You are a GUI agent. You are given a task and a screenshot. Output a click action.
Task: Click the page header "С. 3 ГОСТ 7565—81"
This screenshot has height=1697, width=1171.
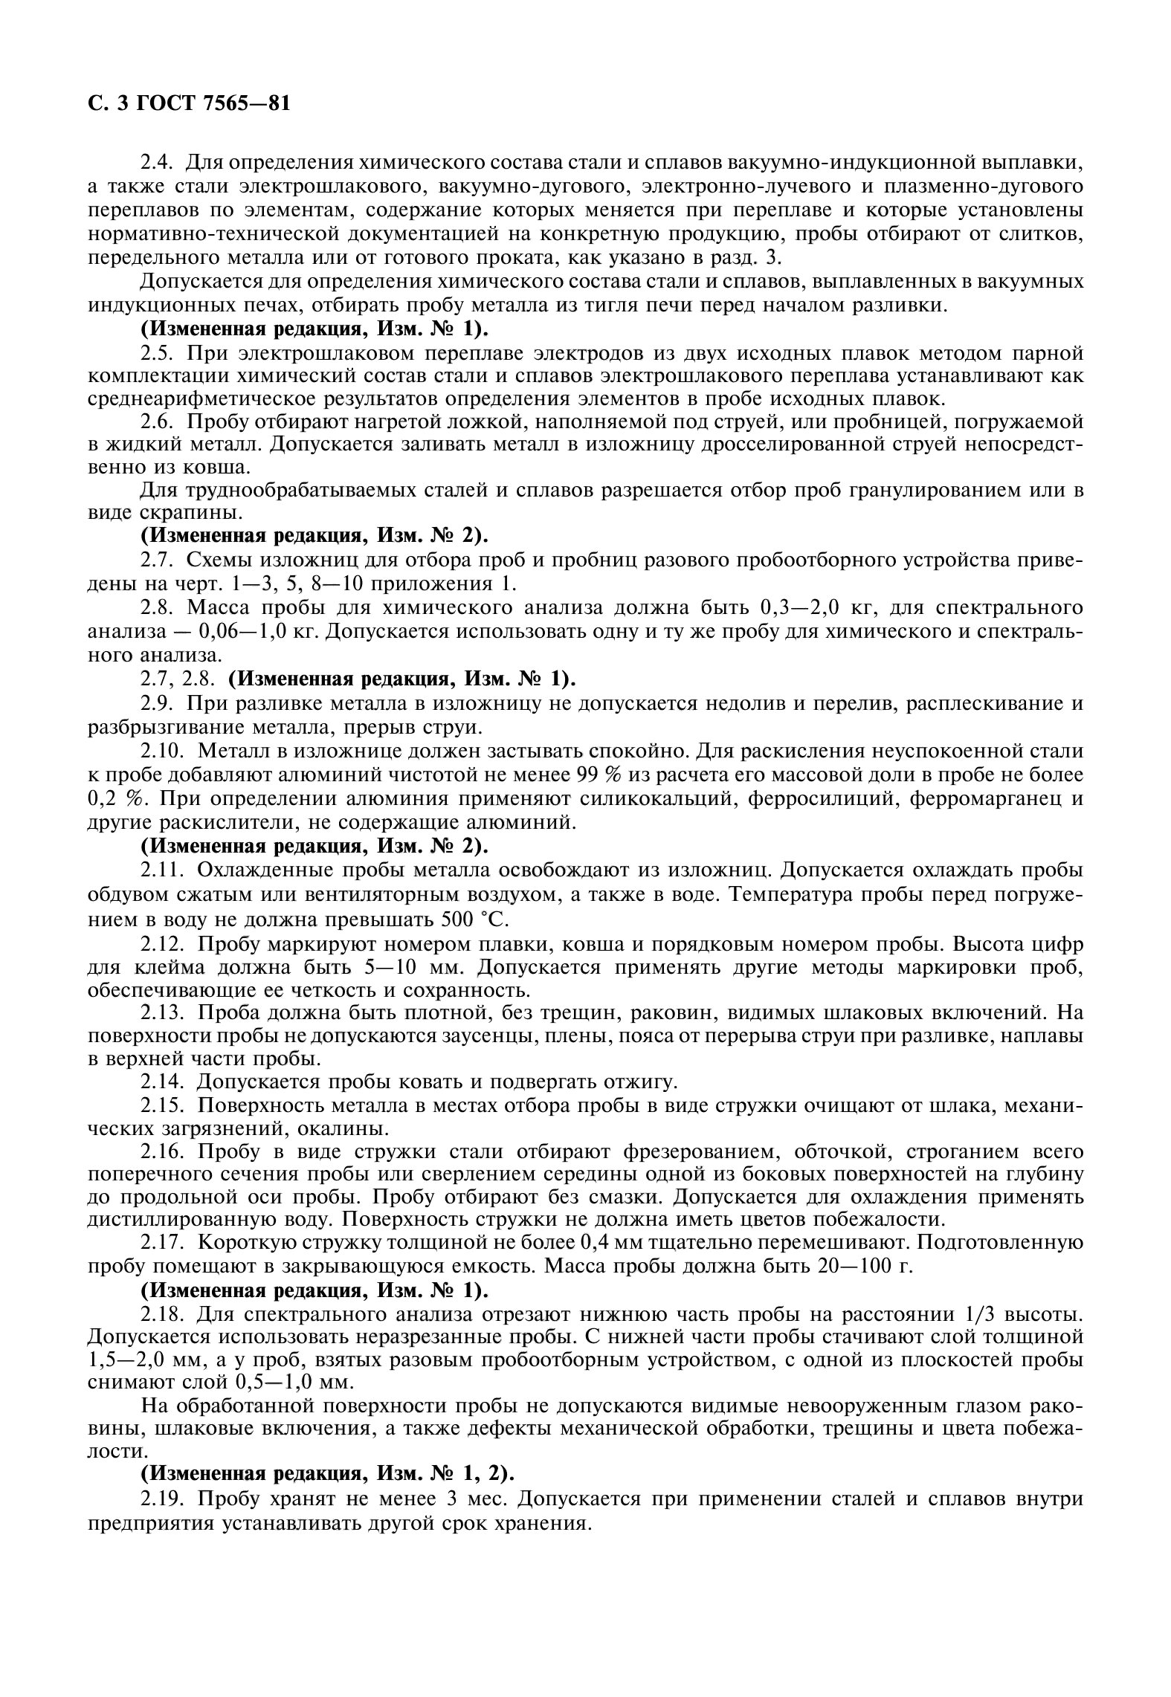[x=188, y=103]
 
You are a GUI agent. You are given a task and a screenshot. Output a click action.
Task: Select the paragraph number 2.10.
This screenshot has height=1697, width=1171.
[x=163, y=751]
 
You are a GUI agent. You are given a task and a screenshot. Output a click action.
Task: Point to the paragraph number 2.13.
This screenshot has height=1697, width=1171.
[x=163, y=1012]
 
